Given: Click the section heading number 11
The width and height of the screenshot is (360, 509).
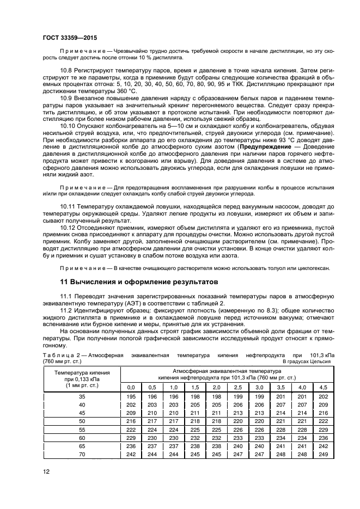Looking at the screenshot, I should click(63, 282).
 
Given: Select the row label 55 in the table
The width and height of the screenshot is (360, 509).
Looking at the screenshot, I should click(82, 429).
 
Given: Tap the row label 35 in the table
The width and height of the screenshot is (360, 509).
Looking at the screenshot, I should click(82, 397).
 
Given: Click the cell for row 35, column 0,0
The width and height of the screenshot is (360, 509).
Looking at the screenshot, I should click(131, 397).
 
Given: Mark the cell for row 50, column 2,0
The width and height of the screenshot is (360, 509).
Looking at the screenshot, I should click(216, 421).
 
